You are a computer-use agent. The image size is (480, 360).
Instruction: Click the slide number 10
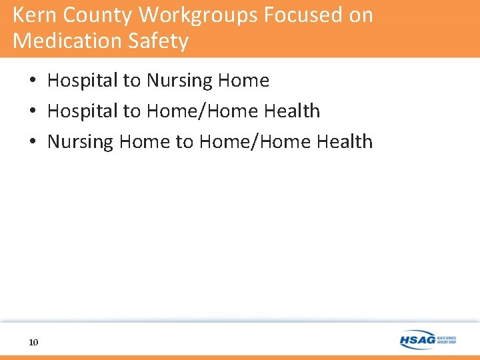point(33,342)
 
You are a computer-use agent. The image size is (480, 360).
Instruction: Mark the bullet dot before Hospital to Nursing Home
point(32,81)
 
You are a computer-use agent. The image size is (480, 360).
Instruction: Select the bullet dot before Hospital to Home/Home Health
point(32,111)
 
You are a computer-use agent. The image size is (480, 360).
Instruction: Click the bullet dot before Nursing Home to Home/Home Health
point(32,142)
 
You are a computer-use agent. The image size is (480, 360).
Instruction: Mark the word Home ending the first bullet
point(245,81)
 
